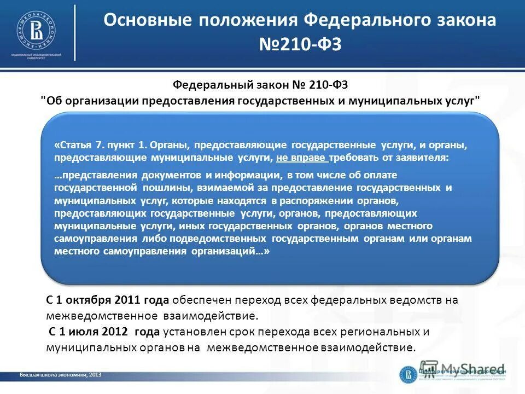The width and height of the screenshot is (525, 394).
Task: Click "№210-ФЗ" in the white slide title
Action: point(300,44)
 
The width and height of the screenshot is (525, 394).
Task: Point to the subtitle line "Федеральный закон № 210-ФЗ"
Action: point(260,85)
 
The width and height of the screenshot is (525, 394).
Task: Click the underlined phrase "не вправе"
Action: point(302,158)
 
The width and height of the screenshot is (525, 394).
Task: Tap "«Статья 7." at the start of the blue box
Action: point(74,146)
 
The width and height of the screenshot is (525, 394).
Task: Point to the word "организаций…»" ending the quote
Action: point(238,251)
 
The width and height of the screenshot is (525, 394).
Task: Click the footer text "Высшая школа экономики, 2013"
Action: point(60,375)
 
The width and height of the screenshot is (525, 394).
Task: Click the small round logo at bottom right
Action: point(407,374)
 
